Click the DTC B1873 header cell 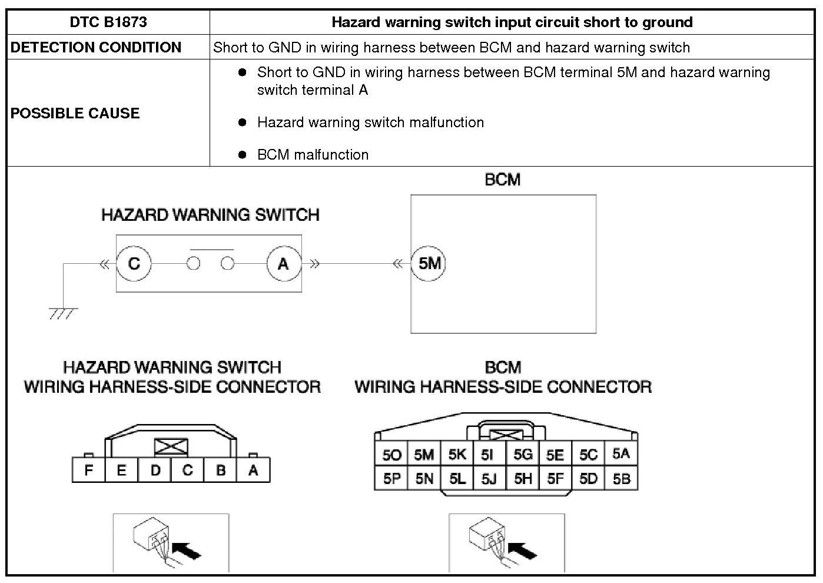pyautogui.click(x=108, y=22)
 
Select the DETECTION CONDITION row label pyautogui.click(x=96, y=47)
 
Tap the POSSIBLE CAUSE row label pyautogui.click(x=75, y=113)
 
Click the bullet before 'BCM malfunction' pyautogui.click(x=242, y=155)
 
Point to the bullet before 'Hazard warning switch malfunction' pyautogui.click(x=242, y=122)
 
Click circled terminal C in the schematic pyautogui.click(x=134, y=263)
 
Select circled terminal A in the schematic pyautogui.click(x=283, y=263)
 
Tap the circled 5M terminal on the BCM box pyautogui.click(x=429, y=263)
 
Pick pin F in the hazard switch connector pyautogui.click(x=89, y=471)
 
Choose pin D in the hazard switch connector pyautogui.click(x=155, y=471)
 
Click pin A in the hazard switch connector pyautogui.click(x=253, y=471)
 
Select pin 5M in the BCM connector pyautogui.click(x=424, y=454)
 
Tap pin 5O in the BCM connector pyautogui.click(x=391, y=454)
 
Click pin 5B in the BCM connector pyautogui.click(x=621, y=479)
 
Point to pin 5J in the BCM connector pyautogui.click(x=489, y=479)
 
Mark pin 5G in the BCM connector pyautogui.click(x=523, y=454)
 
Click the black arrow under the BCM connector pyautogui.click(x=523, y=552)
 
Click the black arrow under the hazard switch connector pyautogui.click(x=188, y=552)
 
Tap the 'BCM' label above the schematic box pyautogui.click(x=503, y=180)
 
